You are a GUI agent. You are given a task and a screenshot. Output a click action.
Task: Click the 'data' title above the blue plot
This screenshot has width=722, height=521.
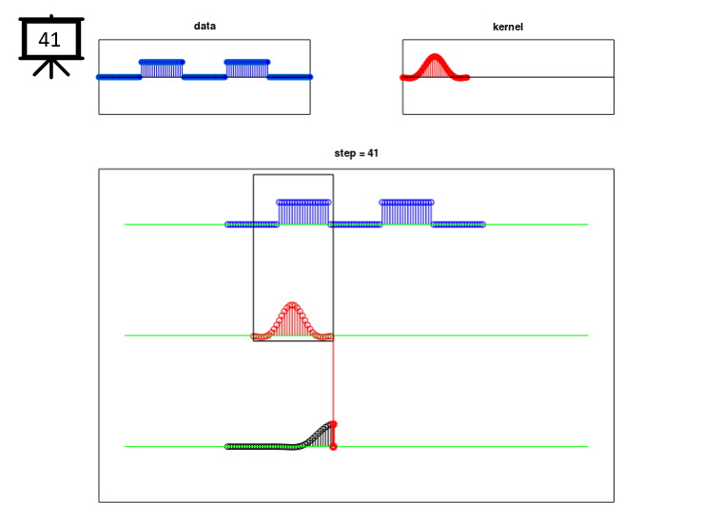[205, 26]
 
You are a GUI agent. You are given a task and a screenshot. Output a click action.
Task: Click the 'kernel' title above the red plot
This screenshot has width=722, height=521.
[508, 27]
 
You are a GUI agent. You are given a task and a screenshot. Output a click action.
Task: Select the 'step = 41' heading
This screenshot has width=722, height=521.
[357, 153]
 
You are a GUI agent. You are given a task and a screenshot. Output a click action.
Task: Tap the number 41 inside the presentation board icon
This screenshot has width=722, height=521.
[49, 40]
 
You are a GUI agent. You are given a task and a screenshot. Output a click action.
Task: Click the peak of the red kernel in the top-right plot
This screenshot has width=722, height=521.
[434, 57]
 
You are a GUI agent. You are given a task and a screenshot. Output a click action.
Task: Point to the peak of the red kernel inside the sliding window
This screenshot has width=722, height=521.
[292, 304]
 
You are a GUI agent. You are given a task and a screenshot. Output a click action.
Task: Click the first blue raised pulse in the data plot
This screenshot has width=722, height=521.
[162, 69]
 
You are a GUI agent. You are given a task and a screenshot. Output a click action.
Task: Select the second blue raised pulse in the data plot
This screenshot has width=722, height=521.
[247, 69]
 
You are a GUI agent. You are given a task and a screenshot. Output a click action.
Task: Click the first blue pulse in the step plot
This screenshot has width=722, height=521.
[303, 213]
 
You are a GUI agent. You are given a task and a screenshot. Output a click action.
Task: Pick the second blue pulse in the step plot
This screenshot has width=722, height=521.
[406, 213]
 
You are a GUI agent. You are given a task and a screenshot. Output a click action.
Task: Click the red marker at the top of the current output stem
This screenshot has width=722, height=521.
[333, 424]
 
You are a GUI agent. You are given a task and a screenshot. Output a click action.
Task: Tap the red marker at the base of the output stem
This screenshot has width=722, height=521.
[333, 447]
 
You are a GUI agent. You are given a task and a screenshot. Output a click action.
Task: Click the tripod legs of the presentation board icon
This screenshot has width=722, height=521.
[51, 68]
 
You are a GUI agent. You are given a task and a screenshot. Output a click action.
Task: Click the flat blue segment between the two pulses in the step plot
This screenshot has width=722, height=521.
[355, 224]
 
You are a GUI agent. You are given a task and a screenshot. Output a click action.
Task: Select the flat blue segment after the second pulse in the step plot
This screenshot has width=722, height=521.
[459, 224]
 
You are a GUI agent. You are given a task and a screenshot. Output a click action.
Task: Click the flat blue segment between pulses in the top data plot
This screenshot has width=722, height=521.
[205, 77]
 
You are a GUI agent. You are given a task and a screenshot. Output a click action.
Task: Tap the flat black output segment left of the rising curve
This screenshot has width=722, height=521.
[261, 447]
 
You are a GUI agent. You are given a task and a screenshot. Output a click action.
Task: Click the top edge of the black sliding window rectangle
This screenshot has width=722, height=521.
[293, 174]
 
